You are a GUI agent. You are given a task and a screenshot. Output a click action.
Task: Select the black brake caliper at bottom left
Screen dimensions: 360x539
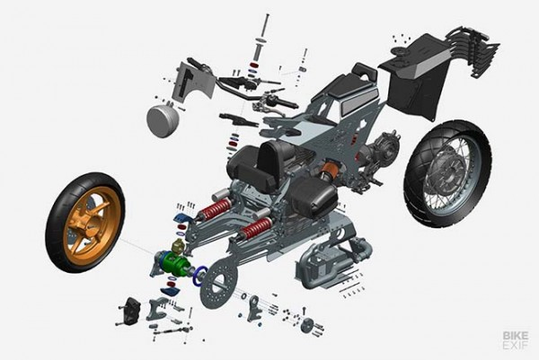[x=130, y=308]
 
